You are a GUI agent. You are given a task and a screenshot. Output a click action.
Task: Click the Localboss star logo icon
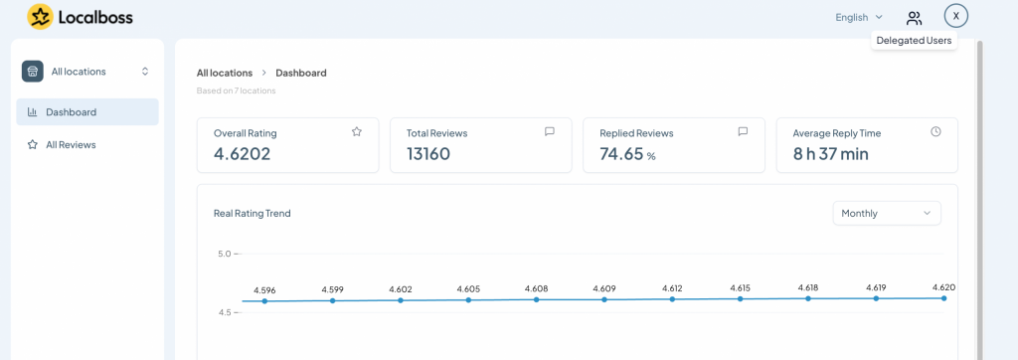[x=40, y=17]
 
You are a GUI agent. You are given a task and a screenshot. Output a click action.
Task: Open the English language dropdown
[x=859, y=18]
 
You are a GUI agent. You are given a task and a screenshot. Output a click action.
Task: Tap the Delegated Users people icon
[x=915, y=18]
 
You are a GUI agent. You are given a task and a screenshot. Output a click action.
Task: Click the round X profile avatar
[x=955, y=16]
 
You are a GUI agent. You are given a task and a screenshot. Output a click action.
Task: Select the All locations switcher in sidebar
[x=86, y=72]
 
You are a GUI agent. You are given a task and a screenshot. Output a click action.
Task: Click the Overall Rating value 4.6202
[x=243, y=154]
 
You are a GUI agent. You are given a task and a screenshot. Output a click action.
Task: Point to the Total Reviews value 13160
[x=428, y=154]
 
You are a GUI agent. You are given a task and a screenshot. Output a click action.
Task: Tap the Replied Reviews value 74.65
[x=621, y=154]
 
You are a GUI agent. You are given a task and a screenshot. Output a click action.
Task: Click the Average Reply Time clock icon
[x=935, y=132]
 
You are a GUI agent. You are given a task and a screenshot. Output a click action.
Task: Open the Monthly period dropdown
[x=887, y=213]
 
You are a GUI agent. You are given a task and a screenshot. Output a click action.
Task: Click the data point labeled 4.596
[x=264, y=301]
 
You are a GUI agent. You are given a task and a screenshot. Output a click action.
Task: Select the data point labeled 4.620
[x=944, y=298]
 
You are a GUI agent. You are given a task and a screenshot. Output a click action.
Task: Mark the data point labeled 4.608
[x=536, y=299]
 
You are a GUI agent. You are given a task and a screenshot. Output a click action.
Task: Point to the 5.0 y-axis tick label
[x=224, y=254]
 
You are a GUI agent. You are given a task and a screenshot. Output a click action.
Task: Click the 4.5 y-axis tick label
[x=224, y=312]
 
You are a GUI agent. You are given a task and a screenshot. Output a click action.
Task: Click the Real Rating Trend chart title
[x=252, y=213]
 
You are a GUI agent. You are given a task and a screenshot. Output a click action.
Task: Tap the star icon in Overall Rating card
[x=357, y=132]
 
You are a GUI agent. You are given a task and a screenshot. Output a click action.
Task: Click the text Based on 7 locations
[x=237, y=90]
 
